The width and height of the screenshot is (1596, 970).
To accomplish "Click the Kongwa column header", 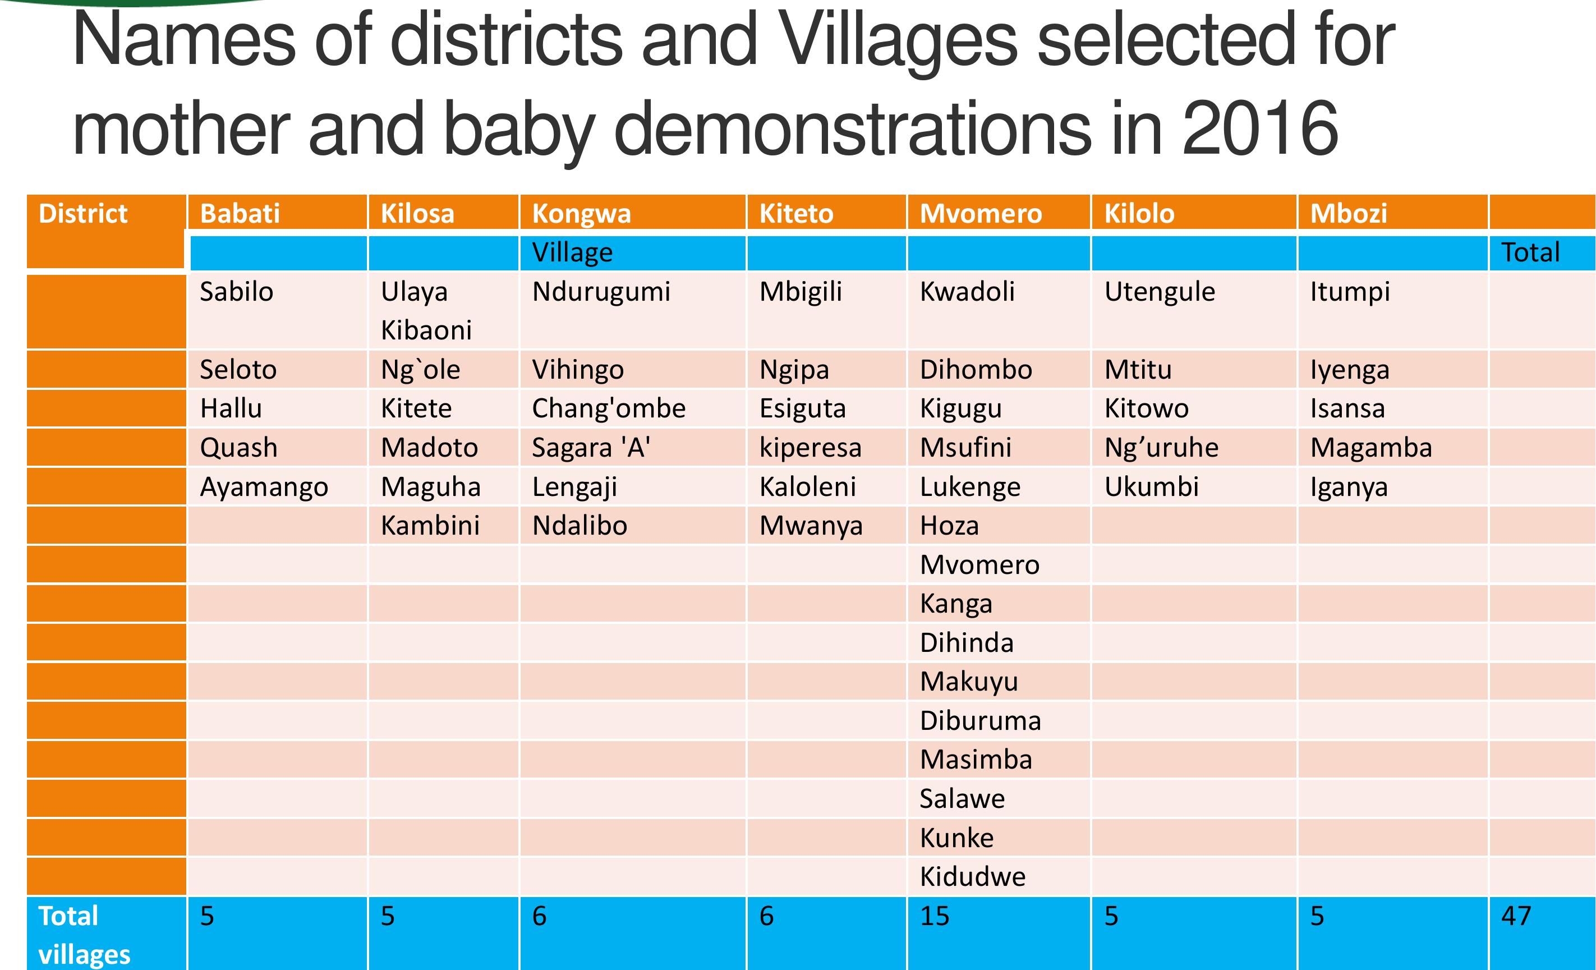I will click(581, 214).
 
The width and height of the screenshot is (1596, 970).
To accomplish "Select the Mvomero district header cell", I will click(981, 214).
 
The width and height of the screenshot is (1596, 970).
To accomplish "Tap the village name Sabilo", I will click(236, 292).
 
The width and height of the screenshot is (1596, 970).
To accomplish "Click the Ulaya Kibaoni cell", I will click(426, 311).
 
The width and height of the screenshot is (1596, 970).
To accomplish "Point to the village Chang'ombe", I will click(608, 409).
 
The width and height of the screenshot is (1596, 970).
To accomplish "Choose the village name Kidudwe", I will click(972, 877).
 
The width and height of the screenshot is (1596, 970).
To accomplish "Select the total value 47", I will click(1516, 916).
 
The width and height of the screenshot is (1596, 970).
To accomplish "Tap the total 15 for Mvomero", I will click(934, 916).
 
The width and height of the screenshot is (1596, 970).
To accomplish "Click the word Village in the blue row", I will click(572, 252).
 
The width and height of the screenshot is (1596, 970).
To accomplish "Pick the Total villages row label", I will click(84, 935).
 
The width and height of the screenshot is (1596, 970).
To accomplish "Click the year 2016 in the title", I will click(1259, 128).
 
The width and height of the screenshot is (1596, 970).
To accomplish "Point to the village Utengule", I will click(1160, 292).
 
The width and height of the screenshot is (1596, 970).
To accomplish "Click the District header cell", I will click(83, 214).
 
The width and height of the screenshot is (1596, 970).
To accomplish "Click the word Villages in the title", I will click(897, 40).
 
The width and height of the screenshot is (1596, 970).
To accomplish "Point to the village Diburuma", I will click(980, 721).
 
